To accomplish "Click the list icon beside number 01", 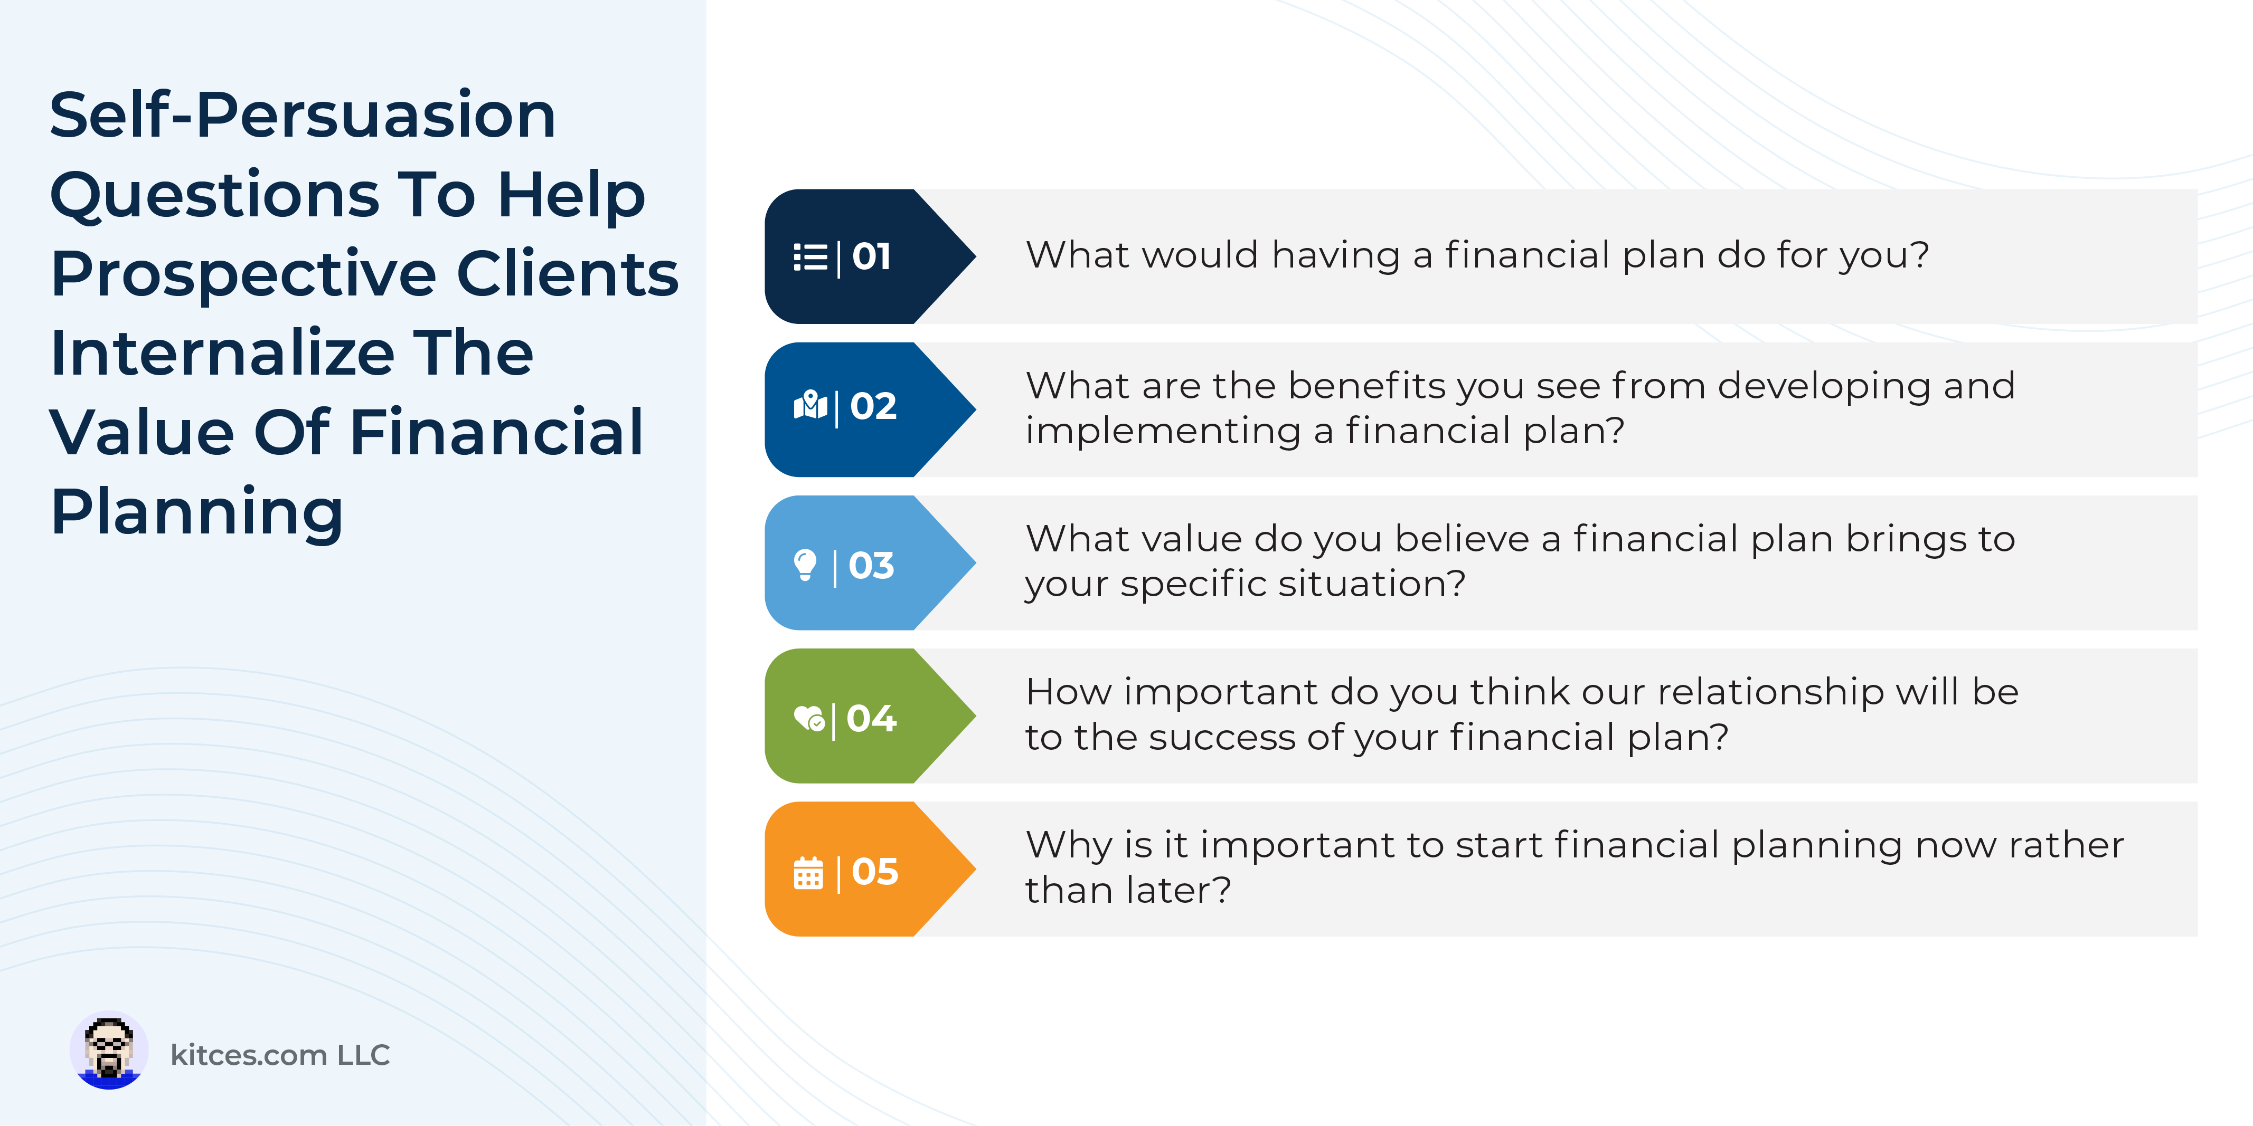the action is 810,257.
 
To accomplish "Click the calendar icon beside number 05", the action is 808,873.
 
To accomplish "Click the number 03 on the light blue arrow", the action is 871,566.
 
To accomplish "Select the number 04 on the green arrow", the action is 871,719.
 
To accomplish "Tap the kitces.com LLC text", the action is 280,1055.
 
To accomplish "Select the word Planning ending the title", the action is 197,513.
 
